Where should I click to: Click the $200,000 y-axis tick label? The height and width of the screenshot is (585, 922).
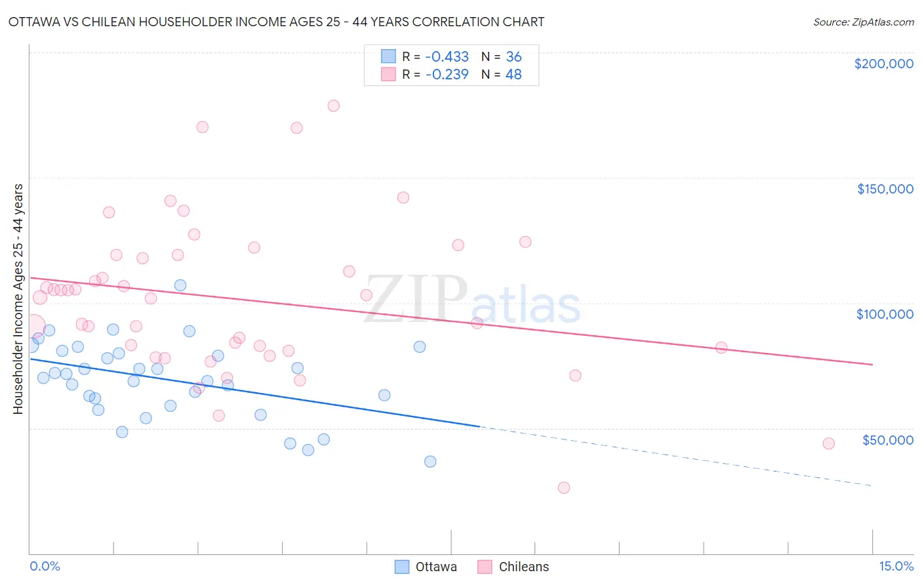point(883,64)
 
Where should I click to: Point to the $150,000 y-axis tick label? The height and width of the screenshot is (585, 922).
point(885,189)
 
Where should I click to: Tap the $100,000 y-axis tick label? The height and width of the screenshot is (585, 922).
point(885,314)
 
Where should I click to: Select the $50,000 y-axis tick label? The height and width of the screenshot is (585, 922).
point(887,439)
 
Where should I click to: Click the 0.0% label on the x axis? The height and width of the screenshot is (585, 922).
point(45,566)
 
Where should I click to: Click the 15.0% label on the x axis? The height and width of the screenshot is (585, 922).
point(896,566)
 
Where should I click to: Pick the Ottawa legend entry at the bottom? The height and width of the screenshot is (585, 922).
point(426,567)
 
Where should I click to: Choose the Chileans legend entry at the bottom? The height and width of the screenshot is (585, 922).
point(513,567)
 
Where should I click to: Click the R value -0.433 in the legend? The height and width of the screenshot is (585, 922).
point(447,57)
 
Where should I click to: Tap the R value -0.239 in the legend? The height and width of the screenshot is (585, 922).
point(447,75)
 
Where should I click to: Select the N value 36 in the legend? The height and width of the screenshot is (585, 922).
point(513,57)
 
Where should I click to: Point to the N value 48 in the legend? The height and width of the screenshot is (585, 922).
point(513,75)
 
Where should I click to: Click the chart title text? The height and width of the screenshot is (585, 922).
point(276,22)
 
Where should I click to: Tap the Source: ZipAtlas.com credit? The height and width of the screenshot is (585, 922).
point(863,22)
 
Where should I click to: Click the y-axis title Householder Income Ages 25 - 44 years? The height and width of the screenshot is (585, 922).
point(18,299)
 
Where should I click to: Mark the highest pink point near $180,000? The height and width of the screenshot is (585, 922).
point(333,106)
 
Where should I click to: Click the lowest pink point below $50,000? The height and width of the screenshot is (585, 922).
point(563,488)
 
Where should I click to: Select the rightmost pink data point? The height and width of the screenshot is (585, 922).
point(828,443)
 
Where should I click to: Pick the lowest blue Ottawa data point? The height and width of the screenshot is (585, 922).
point(430,462)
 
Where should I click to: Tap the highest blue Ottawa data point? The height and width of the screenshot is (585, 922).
point(180,285)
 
